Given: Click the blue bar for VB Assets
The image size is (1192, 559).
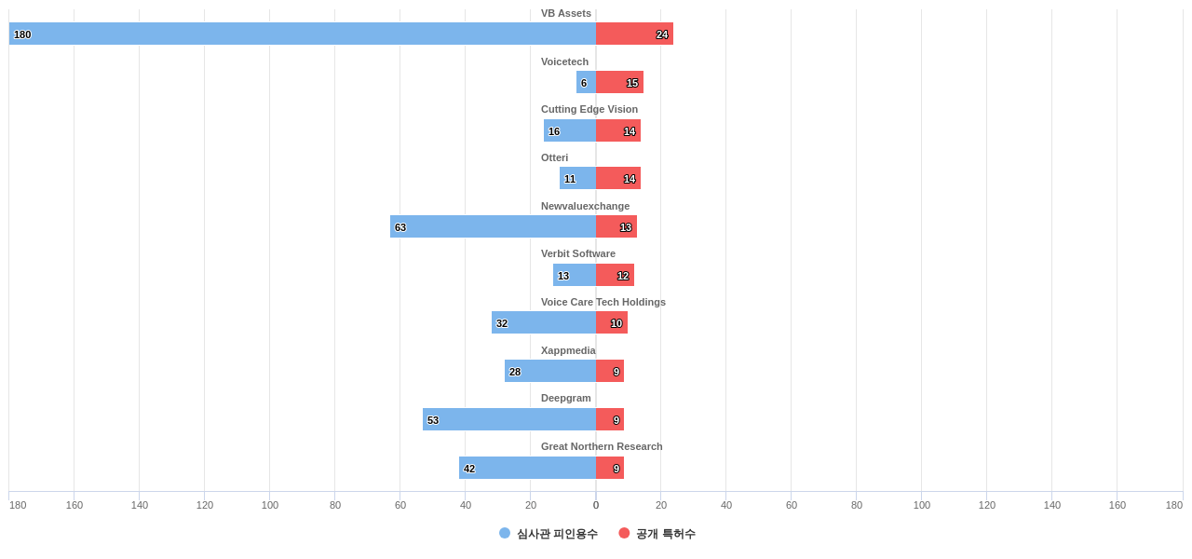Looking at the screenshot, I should (303, 34).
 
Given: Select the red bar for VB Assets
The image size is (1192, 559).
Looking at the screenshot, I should (634, 34).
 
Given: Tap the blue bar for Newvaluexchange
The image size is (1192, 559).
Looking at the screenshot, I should (493, 226).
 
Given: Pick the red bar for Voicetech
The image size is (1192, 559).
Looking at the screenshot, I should (619, 82).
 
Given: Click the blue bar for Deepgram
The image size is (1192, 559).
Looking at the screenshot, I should (509, 419).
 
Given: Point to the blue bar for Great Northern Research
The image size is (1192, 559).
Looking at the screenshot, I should (527, 468).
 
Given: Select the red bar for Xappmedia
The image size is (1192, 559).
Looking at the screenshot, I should (610, 371).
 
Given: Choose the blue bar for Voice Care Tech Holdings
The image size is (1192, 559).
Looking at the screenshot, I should (544, 322).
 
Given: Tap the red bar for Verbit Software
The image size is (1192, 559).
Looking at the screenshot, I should (615, 275).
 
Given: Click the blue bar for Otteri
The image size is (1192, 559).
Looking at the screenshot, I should (577, 178).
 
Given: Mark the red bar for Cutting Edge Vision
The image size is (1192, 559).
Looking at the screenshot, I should (618, 130).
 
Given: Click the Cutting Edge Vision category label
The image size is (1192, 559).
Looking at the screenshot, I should (589, 109).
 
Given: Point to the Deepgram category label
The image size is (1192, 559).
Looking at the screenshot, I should (566, 398).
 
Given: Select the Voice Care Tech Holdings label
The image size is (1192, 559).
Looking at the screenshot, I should (603, 302).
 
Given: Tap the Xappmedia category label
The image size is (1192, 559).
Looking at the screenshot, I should (568, 350).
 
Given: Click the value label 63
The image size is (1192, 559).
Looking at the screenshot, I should (400, 227).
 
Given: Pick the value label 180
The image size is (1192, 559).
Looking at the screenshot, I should (22, 34).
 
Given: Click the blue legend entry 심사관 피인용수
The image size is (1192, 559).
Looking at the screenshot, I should (549, 534).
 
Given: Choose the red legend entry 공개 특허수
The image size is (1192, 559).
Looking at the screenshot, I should (657, 534).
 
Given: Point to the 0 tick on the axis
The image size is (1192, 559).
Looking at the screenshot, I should (596, 505).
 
